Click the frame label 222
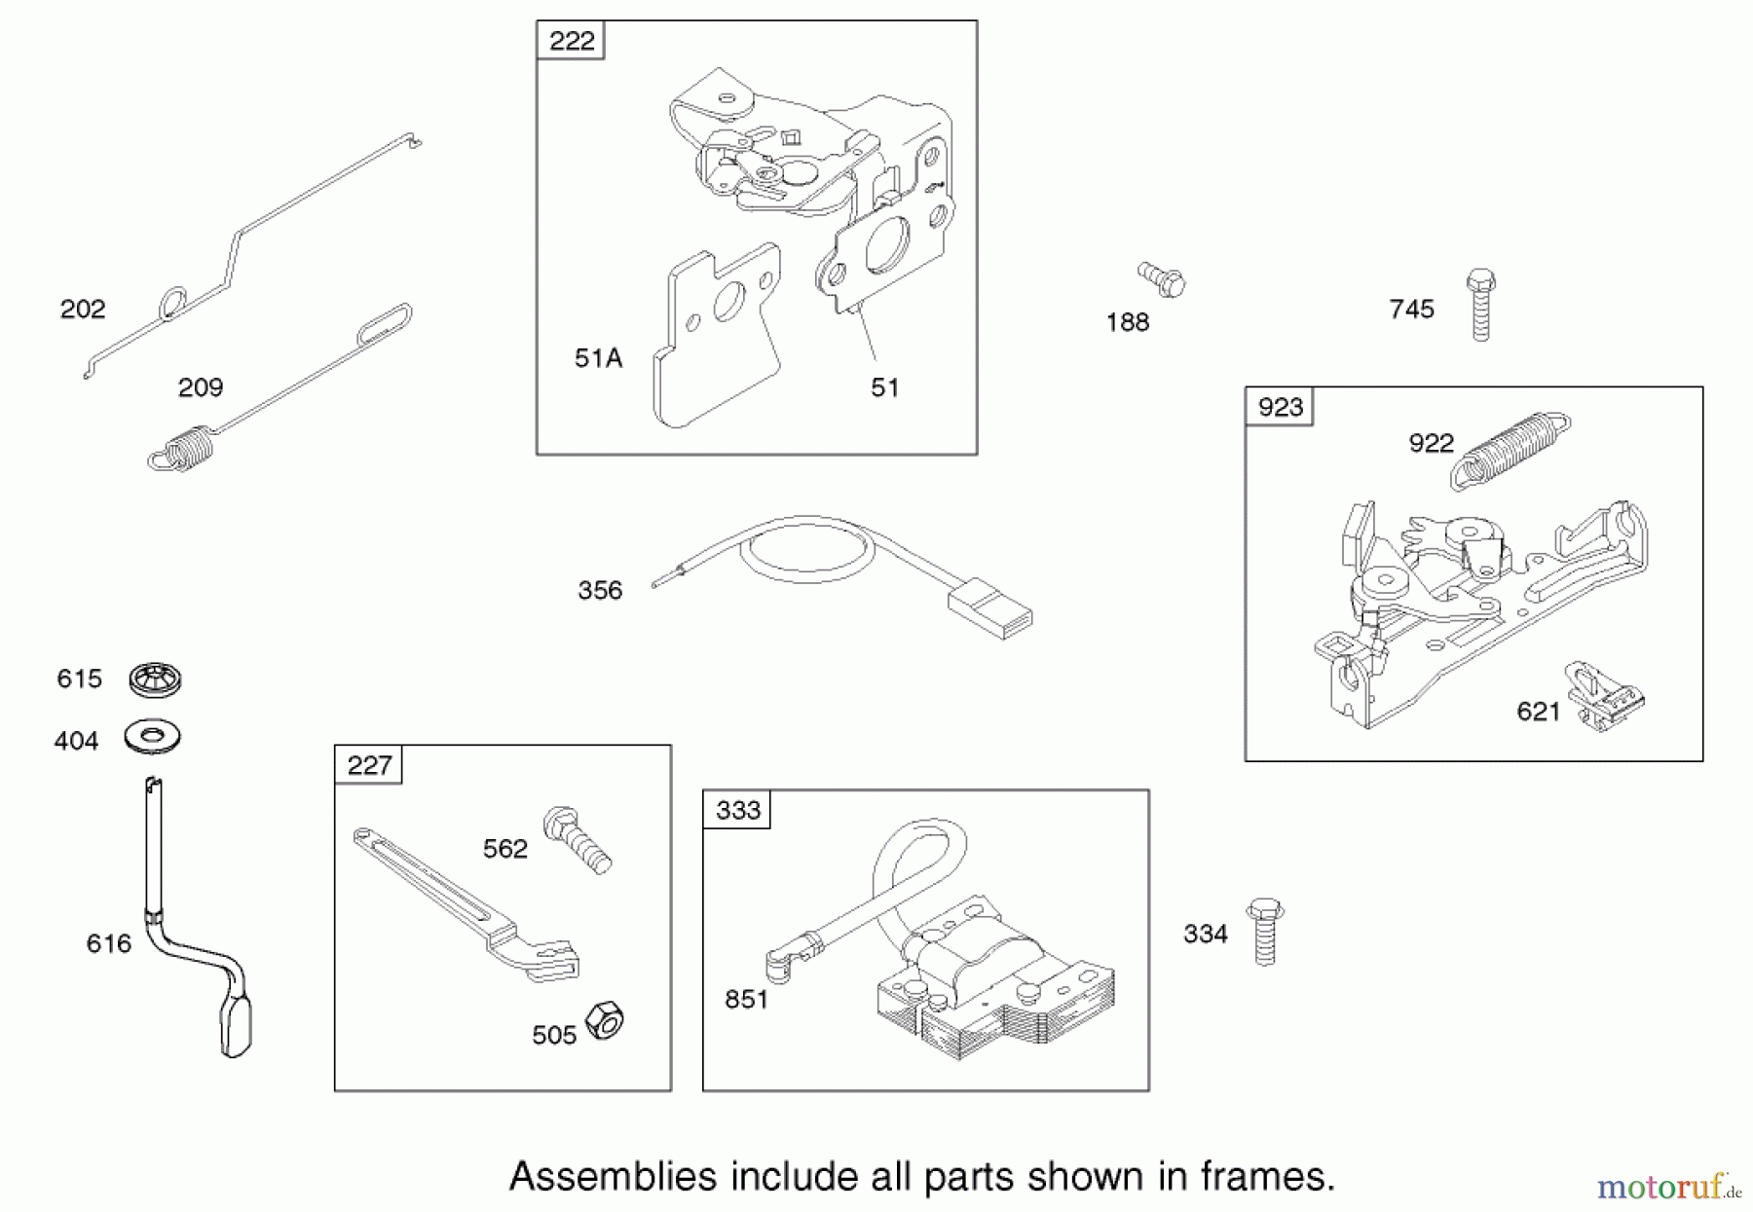572,41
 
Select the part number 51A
598,358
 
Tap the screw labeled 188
1162,279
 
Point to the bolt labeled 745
1480,305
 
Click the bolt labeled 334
1265,931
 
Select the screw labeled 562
578,839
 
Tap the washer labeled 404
153,736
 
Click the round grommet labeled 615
156,679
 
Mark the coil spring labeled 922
1510,450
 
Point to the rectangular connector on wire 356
989,609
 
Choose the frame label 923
1280,407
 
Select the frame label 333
737,810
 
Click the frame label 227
369,765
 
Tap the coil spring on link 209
182,450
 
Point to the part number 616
108,943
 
